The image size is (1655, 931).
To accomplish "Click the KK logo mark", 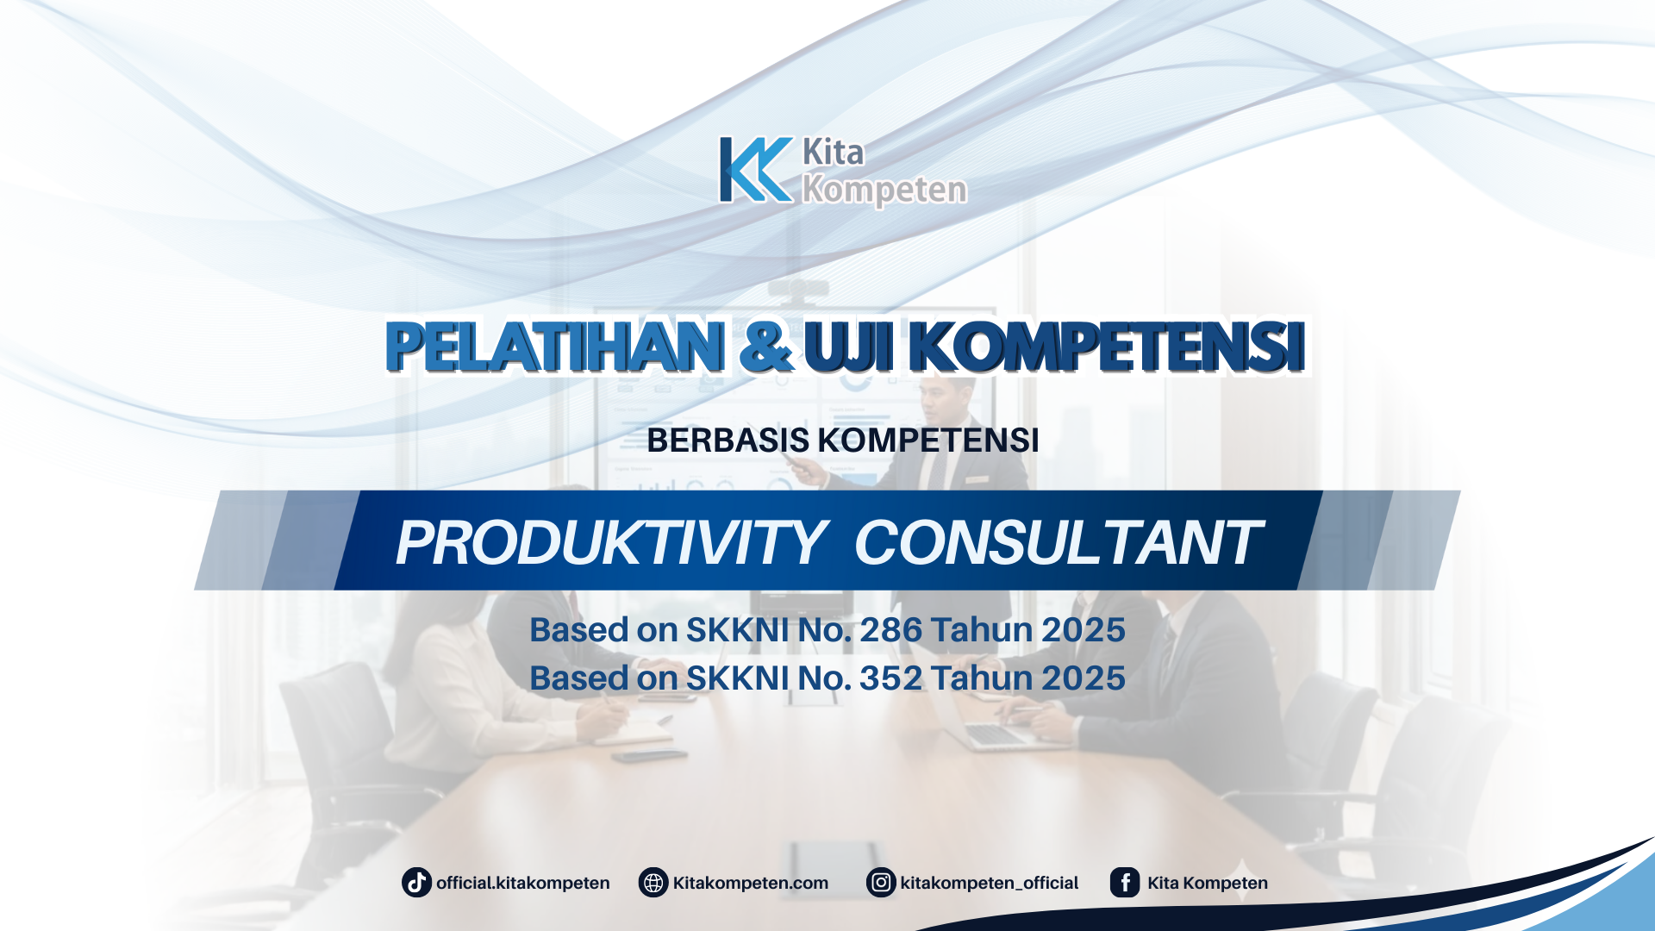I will coord(755,170).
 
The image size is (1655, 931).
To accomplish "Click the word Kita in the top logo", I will coord(833,153).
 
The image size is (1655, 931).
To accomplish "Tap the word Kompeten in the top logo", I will coord(884,190).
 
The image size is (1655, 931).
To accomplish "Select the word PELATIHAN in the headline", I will coord(554,347).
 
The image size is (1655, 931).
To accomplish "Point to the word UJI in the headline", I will coord(848,347).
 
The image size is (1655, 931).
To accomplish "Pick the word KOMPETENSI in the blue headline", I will coord(1107,347).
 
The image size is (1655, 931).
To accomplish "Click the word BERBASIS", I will coord(728,441).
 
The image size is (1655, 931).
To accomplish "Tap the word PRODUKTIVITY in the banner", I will coord(610,543).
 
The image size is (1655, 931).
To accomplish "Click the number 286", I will coord(891,630).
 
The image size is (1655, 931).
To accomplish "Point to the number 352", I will coord(891,678).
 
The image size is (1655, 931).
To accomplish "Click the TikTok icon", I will coord(416,883).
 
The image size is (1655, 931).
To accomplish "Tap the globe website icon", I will coord(653,883).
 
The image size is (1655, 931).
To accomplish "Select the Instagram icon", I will coord(881,883).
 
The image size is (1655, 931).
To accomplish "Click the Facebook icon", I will coord(1125,883).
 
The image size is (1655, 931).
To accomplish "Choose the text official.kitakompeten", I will coord(522,883).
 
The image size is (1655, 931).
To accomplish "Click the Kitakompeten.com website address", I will coord(750,883).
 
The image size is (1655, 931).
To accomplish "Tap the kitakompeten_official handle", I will coord(989,883).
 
